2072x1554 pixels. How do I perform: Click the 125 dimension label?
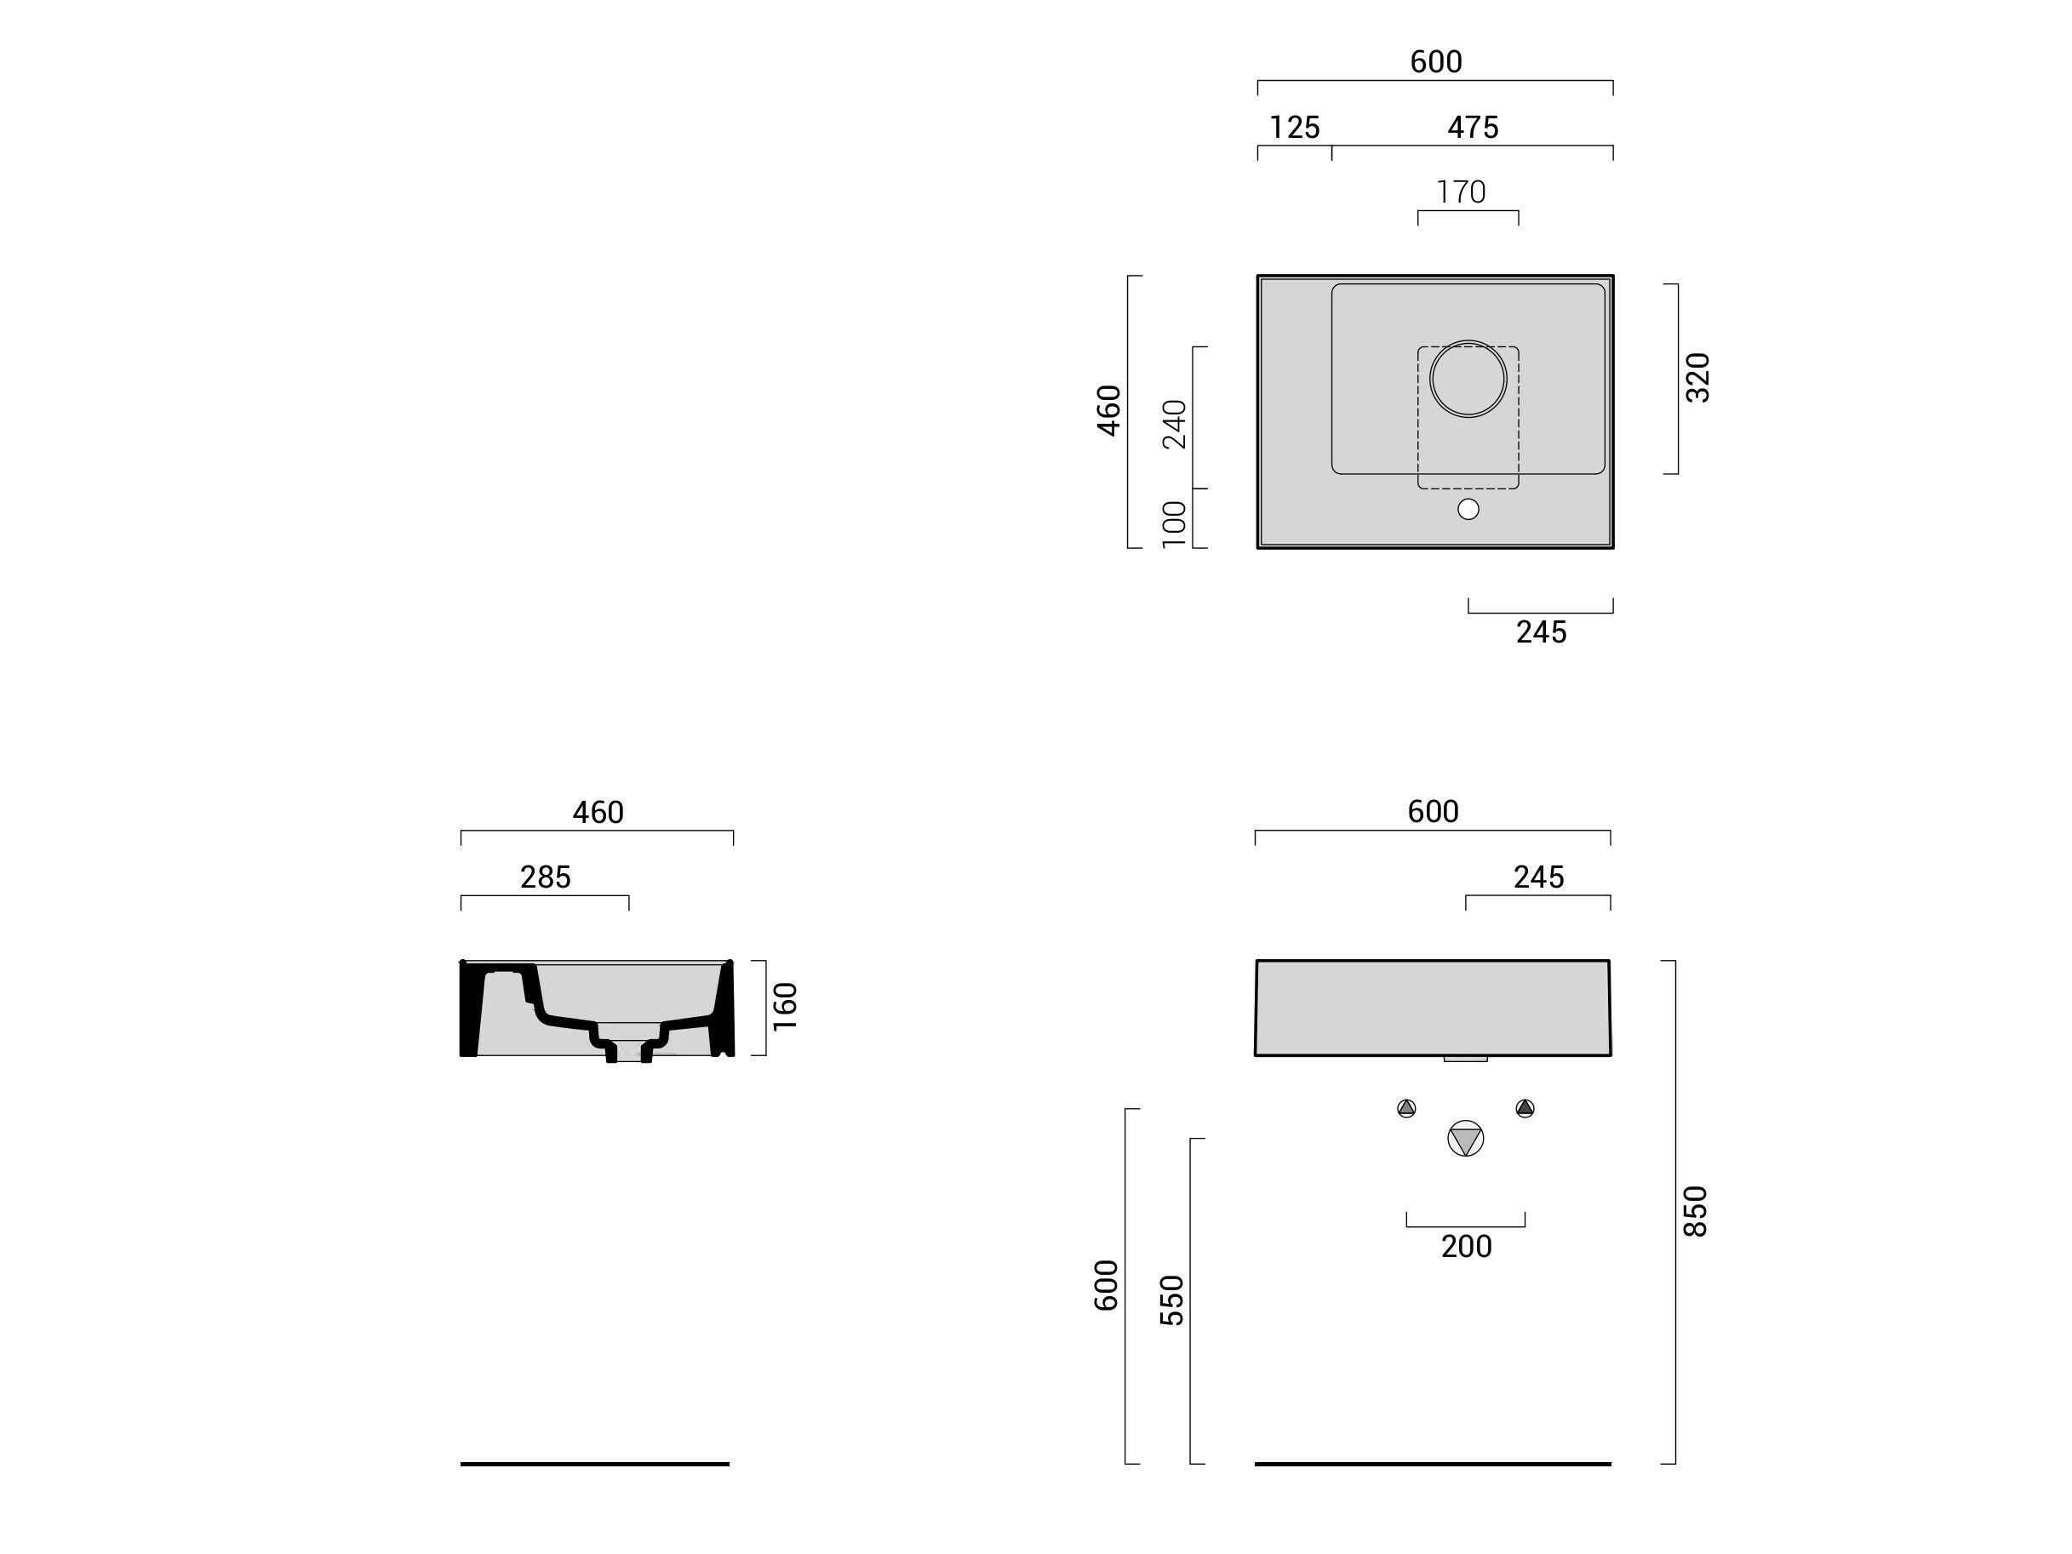click(1295, 128)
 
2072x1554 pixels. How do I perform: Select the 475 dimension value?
click(1473, 128)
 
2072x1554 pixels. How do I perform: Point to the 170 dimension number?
click(1462, 192)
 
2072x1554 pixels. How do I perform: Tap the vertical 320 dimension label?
click(1697, 379)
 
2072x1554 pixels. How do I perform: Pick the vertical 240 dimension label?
click(1175, 425)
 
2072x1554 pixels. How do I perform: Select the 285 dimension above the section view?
click(545, 877)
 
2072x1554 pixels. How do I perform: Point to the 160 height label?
click(784, 1007)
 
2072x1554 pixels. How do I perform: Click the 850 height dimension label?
click(1696, 1211)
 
